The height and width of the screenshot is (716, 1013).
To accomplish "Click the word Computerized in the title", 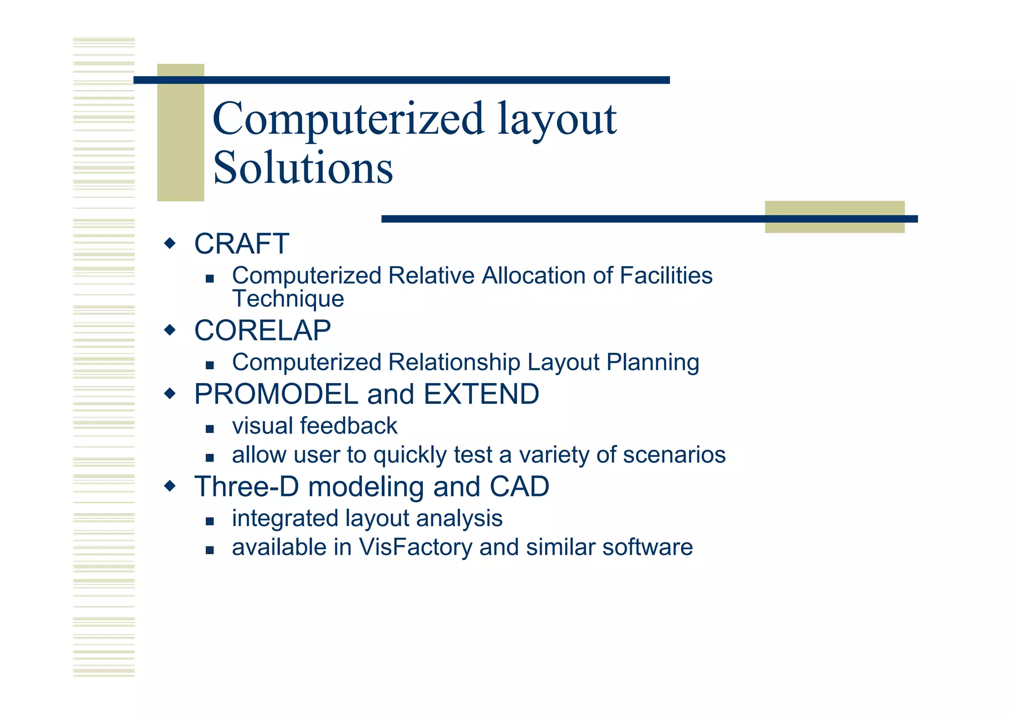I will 348,119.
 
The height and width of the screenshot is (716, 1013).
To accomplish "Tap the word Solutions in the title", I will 303,168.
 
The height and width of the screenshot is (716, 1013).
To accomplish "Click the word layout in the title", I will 557,119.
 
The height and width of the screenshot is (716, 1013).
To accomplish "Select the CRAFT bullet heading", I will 241,244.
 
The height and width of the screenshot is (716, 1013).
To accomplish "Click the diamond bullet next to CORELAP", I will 170,330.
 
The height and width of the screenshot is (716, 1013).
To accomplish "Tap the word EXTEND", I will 481,394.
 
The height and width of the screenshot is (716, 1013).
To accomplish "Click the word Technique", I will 288,299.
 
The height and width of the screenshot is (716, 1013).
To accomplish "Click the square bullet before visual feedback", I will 210,429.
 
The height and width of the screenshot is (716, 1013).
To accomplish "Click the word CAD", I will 519,487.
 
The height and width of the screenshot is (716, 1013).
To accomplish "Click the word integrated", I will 285,519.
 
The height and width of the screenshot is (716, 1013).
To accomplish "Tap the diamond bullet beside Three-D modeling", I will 170,486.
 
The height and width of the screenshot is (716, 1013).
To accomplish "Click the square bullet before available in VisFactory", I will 210,550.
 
